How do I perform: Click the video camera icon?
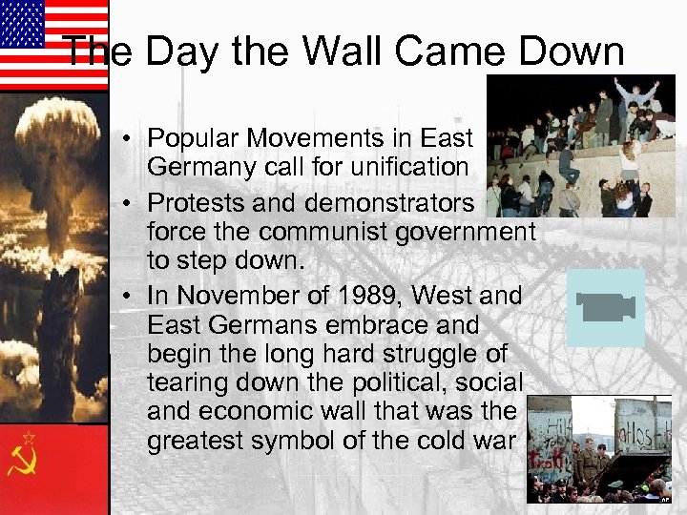tap(606, 307)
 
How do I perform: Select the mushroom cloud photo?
tap(53, 257)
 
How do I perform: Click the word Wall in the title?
tap(334, 51)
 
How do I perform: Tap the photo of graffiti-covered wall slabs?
tap(599, 448)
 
